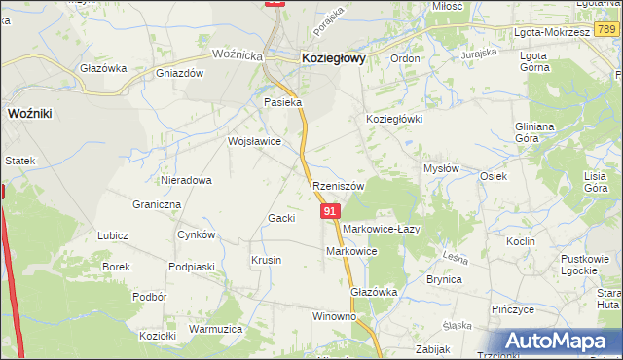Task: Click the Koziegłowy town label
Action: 334,58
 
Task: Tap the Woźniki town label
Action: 29,113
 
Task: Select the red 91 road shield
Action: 331,211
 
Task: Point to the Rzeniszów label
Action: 339,186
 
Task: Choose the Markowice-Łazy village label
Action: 380,229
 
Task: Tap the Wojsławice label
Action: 254,141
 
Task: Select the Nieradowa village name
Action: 187,180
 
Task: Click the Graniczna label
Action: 157,205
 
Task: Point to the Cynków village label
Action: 196,235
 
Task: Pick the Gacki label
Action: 281,218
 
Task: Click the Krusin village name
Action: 266,260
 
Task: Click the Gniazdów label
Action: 178,73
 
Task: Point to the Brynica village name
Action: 444,279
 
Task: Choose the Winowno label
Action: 334,317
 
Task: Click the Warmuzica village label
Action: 215,329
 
